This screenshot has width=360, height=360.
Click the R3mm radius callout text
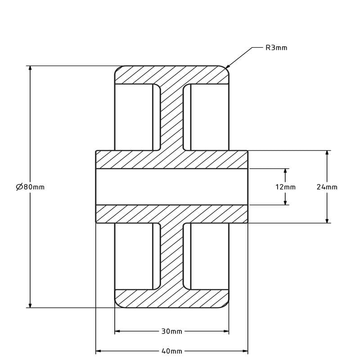coord(276,48)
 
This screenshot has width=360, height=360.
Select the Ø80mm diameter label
coord(30,187)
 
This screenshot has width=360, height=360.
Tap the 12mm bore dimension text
coord(285,187)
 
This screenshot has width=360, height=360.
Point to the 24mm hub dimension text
coord(327,187)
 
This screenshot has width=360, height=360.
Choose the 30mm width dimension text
coord(171,332)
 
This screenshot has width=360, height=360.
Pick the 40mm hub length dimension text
coord(171,351)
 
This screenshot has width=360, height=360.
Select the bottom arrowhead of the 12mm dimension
coord(285,202)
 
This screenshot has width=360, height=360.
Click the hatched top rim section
coord(171,75)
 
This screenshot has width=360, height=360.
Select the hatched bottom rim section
coord(171,299)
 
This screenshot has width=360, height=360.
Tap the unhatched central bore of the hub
coord(171,187)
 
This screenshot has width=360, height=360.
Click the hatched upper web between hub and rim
coord(171,117)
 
